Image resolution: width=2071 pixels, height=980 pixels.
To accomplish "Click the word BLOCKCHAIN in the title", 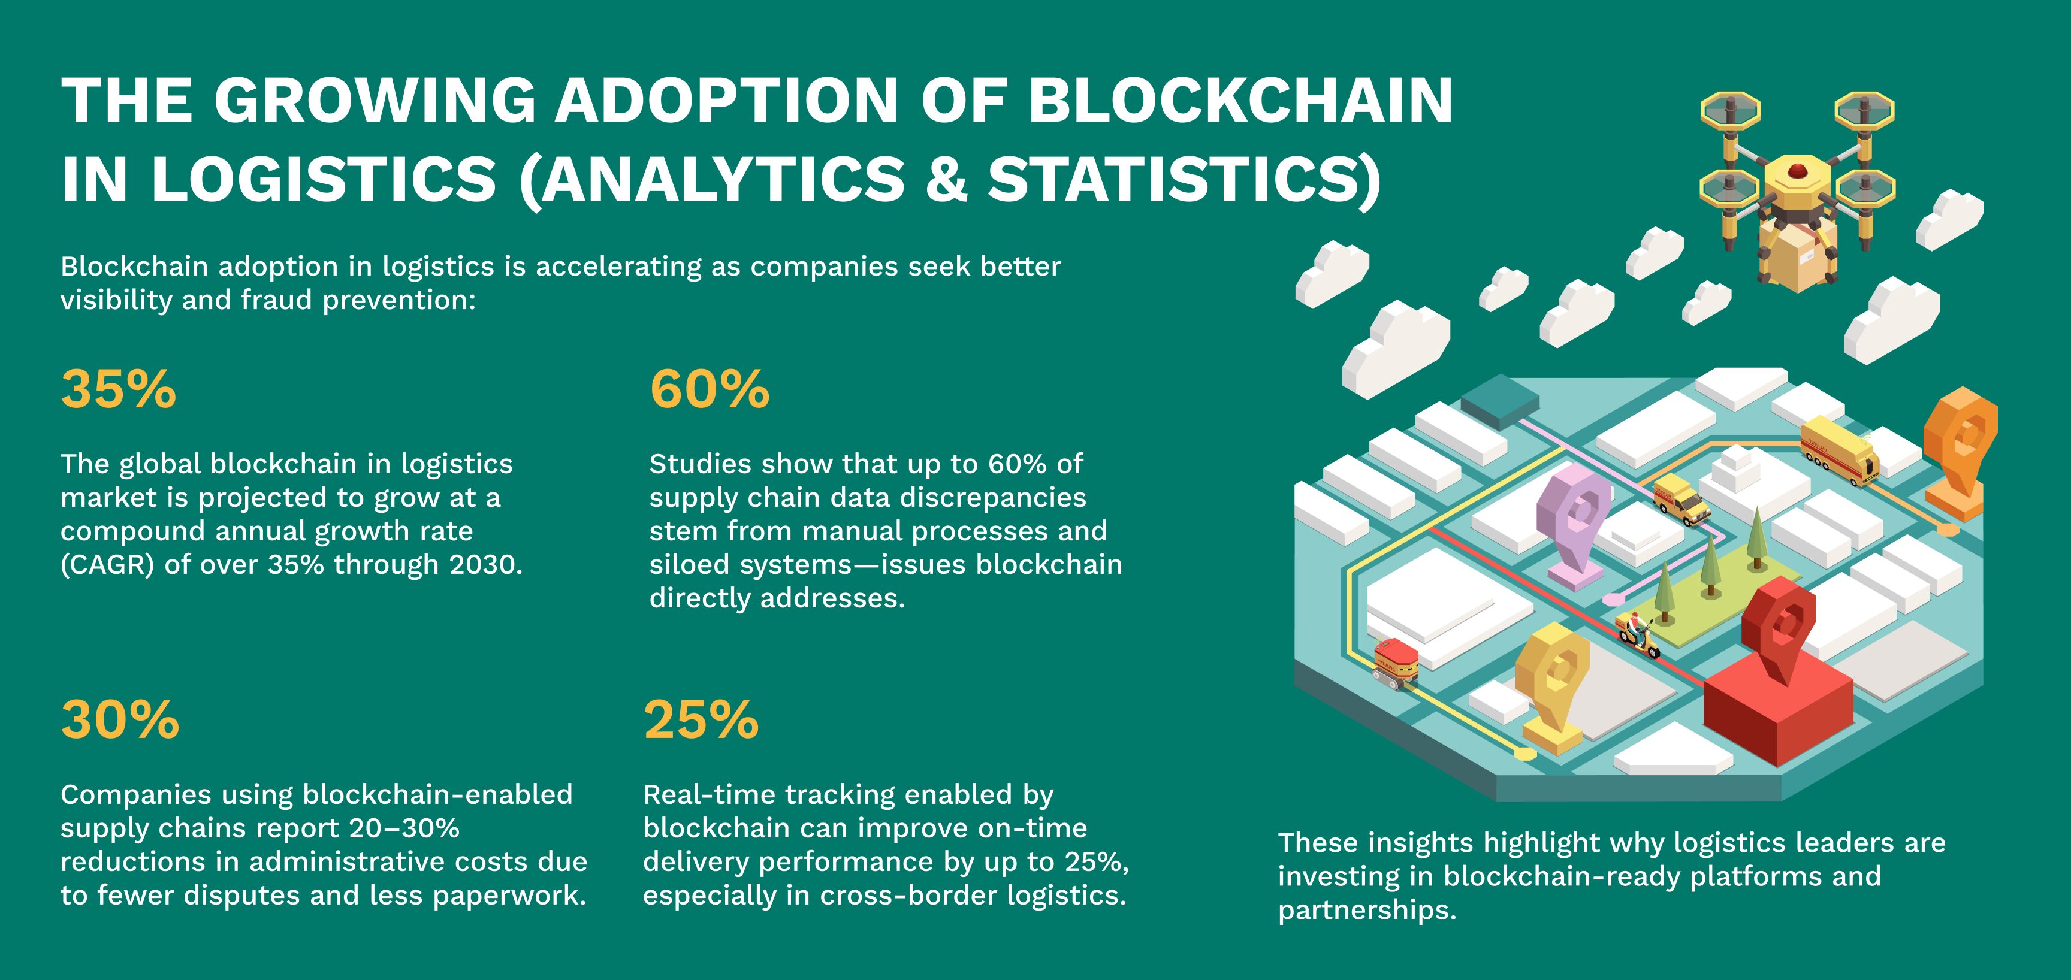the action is click(x=1240, y=101).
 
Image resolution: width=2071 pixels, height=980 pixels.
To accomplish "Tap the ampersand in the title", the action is click(x=946, y=178).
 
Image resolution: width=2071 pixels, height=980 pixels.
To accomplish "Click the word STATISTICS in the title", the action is click(x=1175, y=178).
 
